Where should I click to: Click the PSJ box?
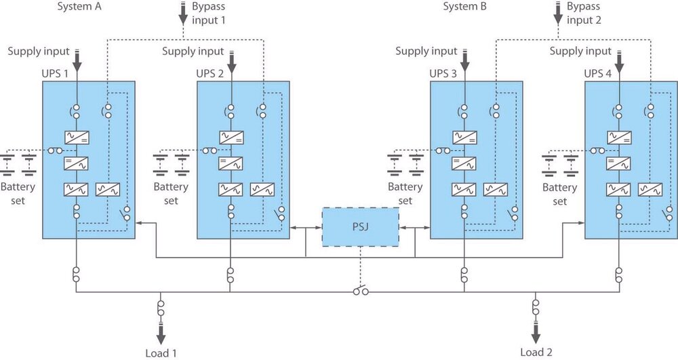(361, 227)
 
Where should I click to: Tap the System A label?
(79, 7)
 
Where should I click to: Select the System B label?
(465, 7)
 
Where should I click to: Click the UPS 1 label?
(55, 73)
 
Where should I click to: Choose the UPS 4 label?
(598, 73)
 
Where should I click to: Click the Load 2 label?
(536, 353)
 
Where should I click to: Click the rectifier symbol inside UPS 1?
(77, 138)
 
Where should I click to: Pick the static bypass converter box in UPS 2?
(262, 190)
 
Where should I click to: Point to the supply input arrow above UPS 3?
(465, 60)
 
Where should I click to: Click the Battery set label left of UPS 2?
(172, 194)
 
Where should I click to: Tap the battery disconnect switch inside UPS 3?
(443, 151)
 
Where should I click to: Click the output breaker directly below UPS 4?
(619, 275)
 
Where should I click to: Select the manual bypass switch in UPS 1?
(125, 214)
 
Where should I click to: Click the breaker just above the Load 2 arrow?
(536, 307)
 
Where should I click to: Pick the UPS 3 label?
(443, 73)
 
